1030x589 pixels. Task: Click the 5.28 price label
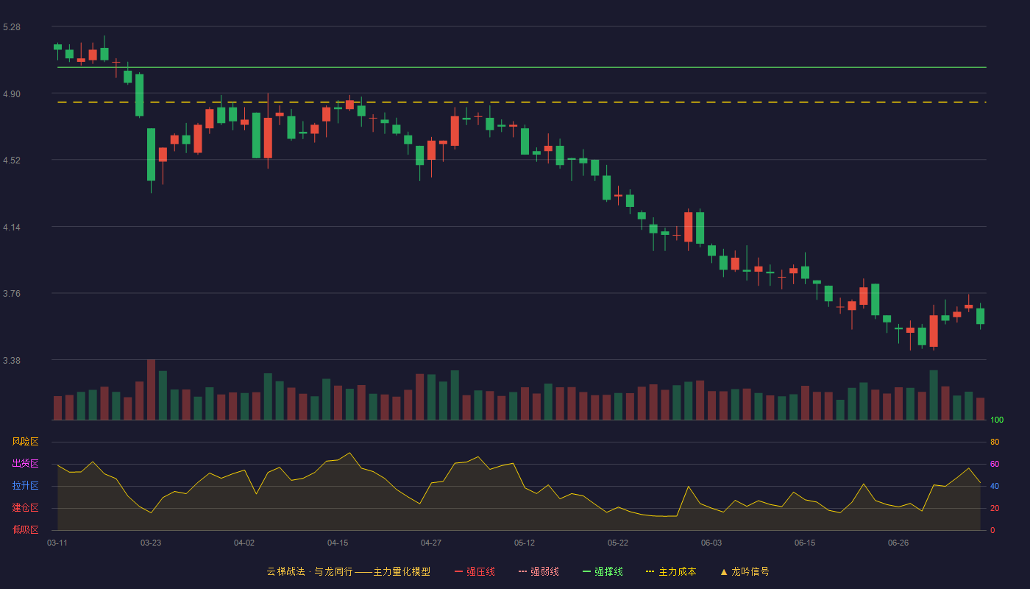click(12, 27)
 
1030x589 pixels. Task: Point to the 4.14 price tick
click(12, 228)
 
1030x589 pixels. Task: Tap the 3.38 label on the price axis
click(12, 360)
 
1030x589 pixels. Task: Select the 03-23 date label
click(151, 543)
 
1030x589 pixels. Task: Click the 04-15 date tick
click(338, 543)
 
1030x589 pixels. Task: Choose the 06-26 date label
click(898, 543)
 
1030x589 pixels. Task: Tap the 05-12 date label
click(525, 543)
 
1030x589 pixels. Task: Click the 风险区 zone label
click(25, 442)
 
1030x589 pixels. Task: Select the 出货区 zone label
click(25, 463)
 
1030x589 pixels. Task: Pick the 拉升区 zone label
click(25, 485)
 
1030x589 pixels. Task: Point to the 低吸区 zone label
click(25, 529)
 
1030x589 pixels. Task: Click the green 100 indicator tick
click(997, 420)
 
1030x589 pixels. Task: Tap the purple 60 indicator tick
click(995, 464)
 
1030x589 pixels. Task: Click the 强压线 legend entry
click(475, 571)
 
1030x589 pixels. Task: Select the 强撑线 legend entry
click(603, 571)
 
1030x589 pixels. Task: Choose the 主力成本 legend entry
click(671, 571)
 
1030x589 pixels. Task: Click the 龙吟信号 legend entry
click(745, 571)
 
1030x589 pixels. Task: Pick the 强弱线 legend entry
click(539, 571)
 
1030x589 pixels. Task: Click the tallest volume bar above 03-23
click(151, 389)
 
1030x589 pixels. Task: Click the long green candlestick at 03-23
click(151, 155)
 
